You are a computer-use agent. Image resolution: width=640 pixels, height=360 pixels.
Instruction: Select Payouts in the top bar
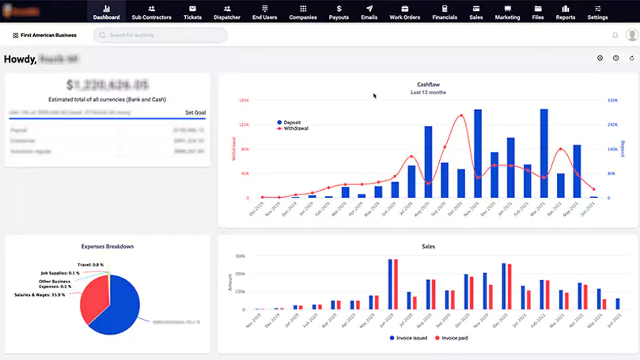[338, 12]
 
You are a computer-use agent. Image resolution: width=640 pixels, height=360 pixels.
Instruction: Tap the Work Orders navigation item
[404, 12]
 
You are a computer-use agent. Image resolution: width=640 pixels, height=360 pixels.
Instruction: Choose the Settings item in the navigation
[597, 12]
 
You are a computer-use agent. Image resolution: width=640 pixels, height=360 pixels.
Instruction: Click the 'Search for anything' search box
[161, 36]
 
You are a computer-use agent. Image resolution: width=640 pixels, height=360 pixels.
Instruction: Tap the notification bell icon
[615, 36]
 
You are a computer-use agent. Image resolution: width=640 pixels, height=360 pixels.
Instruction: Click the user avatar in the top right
[631, 36]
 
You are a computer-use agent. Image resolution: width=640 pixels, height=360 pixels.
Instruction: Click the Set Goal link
[195, 112]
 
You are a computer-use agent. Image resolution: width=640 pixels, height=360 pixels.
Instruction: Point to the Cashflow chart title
[428, 85]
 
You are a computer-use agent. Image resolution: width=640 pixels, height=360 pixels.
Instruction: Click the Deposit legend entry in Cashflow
[291, 123]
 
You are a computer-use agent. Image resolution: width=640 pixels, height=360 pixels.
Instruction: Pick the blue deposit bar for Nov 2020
[478, 153]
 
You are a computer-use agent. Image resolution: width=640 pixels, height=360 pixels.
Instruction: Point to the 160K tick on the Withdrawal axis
[244, 100]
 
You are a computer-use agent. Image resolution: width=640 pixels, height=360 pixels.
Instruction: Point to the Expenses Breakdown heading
[108, 246]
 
